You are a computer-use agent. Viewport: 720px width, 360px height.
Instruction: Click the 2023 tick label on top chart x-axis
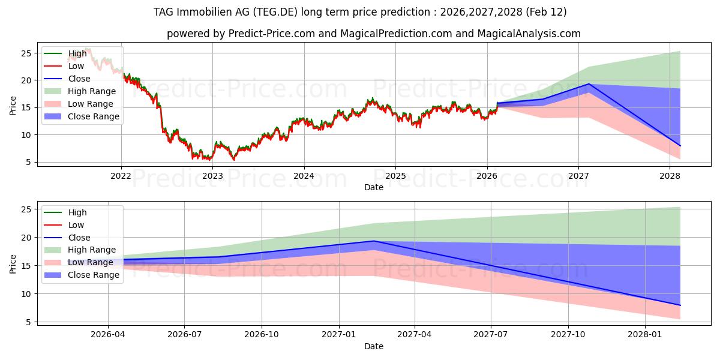[x=212, y=176]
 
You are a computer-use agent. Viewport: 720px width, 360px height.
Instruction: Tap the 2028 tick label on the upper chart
[x=670, y=176]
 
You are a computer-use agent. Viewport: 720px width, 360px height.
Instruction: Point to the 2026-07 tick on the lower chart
[x=184, y=335]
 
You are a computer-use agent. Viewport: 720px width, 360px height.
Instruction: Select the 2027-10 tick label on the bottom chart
[x=568, y=335]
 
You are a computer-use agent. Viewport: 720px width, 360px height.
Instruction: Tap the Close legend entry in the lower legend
[x=80, y=238]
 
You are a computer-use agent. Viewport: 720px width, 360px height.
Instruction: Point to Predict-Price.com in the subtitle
[x=272, y=34]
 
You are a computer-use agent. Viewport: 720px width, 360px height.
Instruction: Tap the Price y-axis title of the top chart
[x=13, y=104]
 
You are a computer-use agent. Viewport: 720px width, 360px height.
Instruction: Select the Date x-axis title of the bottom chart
[x=373, y=346]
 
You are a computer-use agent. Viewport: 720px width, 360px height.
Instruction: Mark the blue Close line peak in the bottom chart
[x=373, y=241]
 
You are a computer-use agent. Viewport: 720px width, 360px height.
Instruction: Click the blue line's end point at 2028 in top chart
[x=680, y=146]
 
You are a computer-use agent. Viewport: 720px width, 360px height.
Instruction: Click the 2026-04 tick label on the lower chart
[x=108, y=335]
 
